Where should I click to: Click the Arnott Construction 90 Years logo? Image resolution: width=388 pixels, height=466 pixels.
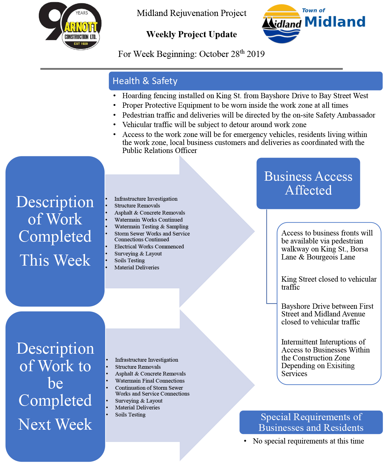[x=70, y=26]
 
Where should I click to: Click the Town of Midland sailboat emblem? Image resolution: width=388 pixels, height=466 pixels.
[x=282, y=24]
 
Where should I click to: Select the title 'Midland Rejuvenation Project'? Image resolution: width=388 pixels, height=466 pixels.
[x=192, y=13]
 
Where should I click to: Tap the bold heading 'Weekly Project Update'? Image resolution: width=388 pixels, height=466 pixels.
[x=192, y=34]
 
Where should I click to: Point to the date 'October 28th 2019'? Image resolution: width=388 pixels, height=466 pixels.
[x=232, y=54]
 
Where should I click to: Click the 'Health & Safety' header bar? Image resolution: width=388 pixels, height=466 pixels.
[x=245, y=81]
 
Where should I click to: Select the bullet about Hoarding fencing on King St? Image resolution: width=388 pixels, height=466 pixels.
[x=245, y=96]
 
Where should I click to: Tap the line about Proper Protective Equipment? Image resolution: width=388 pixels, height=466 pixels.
[x=235, y=105]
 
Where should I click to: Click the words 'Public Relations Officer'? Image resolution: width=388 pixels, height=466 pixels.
[x=160, y=151]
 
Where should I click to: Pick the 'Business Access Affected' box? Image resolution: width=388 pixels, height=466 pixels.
[x=308, y=183]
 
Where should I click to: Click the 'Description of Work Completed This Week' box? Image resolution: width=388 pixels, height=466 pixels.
[x=55, y=231]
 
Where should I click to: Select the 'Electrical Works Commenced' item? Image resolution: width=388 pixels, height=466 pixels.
[x=149, y=247]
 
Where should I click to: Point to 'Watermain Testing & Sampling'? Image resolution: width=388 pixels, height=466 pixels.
[x=151, y=227]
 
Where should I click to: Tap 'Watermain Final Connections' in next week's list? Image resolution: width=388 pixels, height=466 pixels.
[x=150, y=380]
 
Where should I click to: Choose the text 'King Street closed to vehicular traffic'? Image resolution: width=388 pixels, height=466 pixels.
[x=329, y=283]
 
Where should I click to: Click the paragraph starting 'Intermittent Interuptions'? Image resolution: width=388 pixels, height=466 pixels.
[x=325, y=358]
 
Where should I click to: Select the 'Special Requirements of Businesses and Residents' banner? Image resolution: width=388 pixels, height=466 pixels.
[x=311, y=422]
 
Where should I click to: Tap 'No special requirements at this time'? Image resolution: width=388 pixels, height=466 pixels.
[x=308, y=441]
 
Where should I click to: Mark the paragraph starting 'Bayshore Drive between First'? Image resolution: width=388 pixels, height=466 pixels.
[x=327, y=314]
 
